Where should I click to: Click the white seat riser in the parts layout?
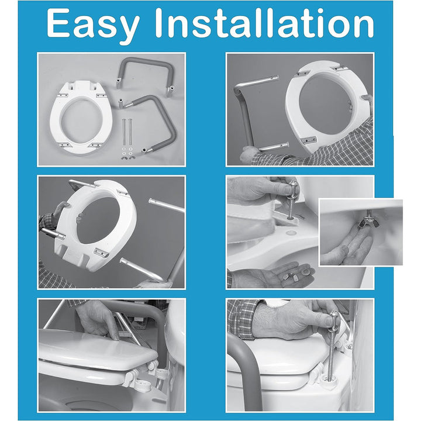pyautogui.click(x=81, y=118)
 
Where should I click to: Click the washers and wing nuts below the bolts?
pyautogui.click(x=127, y=153)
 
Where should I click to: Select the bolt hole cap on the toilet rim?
pyautogui.click(x=291, y=233)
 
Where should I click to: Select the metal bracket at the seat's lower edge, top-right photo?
pyautogui.click(x=309, y=140)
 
